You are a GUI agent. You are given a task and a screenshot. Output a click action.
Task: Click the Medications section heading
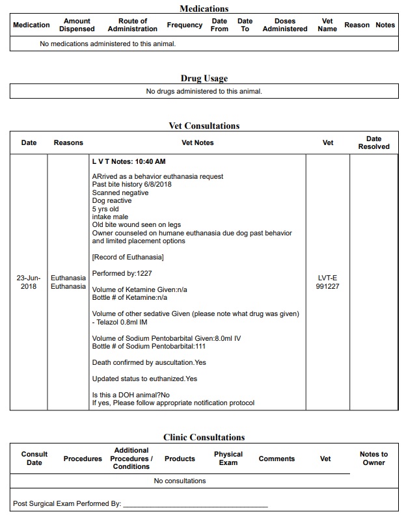204,8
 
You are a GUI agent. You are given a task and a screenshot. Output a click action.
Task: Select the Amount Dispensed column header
77,25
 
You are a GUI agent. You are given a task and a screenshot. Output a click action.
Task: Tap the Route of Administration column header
132,25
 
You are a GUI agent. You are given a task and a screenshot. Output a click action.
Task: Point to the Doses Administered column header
284,25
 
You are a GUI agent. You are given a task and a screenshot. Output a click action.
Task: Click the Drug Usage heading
204,79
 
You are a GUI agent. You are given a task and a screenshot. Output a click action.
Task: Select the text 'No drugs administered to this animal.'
204,92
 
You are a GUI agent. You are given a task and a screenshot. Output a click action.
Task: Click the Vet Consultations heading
204,126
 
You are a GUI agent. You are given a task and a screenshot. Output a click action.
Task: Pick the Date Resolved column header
373,142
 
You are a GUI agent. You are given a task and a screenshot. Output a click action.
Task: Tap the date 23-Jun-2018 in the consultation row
29,282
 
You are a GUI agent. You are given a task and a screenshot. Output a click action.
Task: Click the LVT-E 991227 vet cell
327,282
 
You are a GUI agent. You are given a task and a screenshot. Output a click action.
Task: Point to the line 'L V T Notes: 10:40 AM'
129,161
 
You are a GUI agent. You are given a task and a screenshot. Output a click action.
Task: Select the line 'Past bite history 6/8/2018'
132,185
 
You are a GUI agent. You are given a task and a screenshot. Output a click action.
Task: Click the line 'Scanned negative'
120,193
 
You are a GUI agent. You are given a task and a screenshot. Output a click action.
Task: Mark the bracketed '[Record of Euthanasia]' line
128,258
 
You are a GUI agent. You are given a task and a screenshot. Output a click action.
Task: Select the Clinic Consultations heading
204,437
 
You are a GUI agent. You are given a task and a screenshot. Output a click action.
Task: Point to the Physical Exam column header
228,459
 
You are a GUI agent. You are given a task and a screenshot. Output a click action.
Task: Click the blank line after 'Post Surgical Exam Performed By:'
195,504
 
